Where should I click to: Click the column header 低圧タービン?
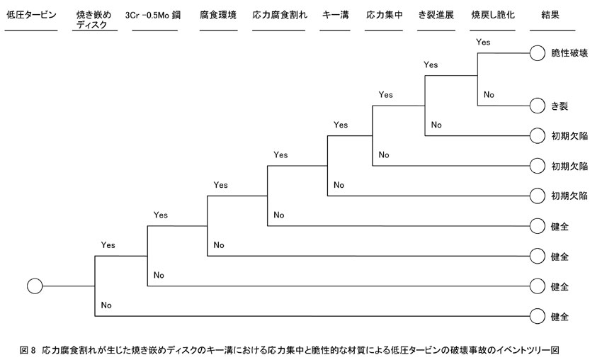pos(31,15)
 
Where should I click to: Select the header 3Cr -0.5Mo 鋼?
pos(153,16)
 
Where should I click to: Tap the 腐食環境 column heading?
pos(218,15)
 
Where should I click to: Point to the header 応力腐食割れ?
pos(280,15)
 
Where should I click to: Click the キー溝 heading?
pos(336,15)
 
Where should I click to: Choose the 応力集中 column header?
pos(385,15)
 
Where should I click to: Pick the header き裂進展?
pos(436,15)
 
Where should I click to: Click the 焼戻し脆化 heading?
pos(493,15)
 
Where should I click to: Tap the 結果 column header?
pos(550,15)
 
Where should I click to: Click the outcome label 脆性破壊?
pos(569,53)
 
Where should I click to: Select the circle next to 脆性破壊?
pos(537,53)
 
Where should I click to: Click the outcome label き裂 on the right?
pos(560,106)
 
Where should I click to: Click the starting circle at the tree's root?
pos(35,286)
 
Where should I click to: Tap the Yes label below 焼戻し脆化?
pos(483,42)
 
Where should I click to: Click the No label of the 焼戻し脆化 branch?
pos(489,94)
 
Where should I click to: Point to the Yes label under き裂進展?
pos(431,64)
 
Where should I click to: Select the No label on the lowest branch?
pos(106,305)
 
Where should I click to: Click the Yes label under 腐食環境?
pos(221,185)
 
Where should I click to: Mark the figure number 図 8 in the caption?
pos(27,350)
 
